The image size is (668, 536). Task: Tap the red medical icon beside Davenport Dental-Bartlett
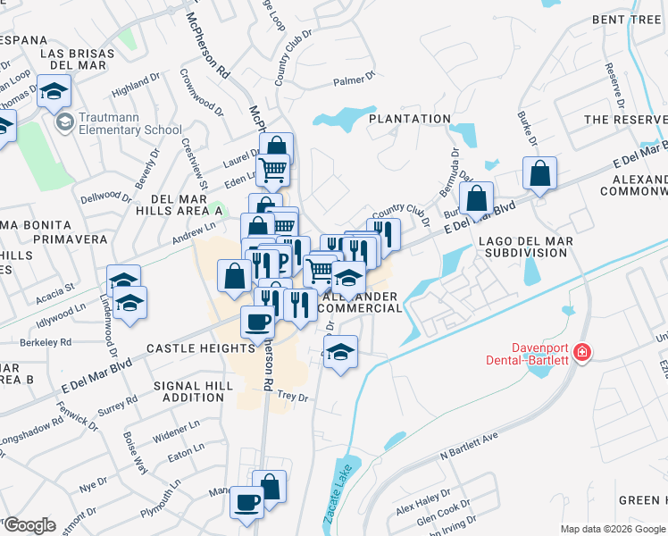582,353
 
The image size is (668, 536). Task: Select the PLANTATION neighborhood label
410,119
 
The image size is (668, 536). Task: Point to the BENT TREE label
629,19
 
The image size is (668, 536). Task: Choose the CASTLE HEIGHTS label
188,348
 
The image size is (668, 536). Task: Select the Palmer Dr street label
354,81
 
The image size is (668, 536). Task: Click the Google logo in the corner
29,525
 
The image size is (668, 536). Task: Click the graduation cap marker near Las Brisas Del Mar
54,92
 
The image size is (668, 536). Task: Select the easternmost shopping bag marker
539,173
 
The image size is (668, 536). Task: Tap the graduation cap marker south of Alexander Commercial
340,353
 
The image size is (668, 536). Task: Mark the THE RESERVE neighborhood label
625,119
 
